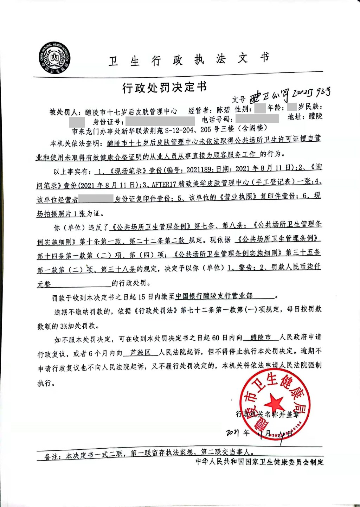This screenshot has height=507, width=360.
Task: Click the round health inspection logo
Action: pos(55,58)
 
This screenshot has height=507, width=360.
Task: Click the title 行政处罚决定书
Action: pos(165,87)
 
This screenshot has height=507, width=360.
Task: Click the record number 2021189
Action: pos(198,169)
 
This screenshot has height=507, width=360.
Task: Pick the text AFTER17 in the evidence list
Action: pos(164,183)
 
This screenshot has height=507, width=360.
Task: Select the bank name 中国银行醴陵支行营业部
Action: pos(214,296)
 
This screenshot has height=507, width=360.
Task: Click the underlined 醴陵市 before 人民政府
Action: pos(261,338)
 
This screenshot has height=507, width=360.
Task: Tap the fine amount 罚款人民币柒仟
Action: pos(296,267)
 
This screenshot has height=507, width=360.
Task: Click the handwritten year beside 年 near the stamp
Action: pos(232,432)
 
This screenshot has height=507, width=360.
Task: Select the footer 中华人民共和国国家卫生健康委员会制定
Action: pos(259,462)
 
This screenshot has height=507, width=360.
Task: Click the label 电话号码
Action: pos(217,120)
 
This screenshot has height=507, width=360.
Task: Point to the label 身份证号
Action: pos(108,122)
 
